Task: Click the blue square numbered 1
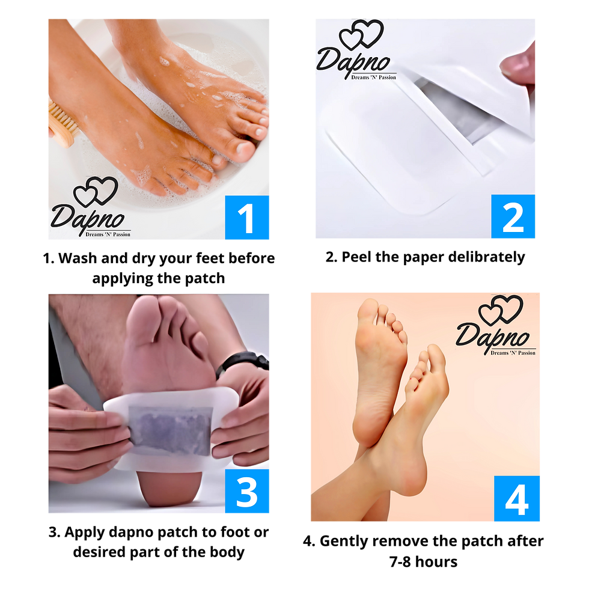coord(247,217)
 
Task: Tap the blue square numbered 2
coord(513,216)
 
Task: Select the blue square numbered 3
coord(247,491)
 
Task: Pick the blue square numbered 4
coord(516,498)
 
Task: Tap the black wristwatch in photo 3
coord(243,362)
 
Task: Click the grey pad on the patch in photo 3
coord(169,430)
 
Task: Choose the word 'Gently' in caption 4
coord(344,542)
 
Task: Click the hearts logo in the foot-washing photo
coord(96,191)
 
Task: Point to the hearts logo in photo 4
coord(501,310)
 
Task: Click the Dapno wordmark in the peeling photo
coord(353,63)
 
